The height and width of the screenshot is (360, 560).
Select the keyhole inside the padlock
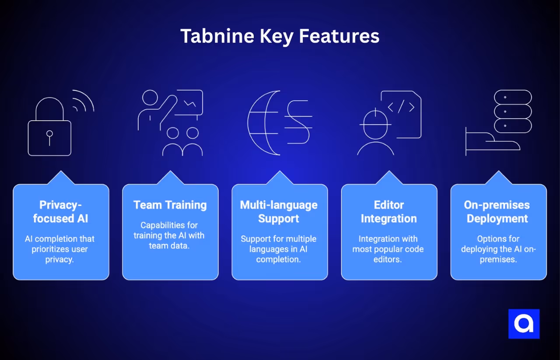click(49, 136)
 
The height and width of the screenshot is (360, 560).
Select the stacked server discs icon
click(513, 112)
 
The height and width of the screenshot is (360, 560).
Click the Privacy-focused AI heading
click(61, 212)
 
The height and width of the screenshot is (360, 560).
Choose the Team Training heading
click(170, 205)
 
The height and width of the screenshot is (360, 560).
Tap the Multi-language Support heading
click(279, 212)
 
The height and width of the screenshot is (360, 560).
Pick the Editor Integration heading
click(389, 212)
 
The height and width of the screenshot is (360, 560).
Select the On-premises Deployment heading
click(498, 212)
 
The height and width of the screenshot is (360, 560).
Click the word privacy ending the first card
click(61, 259)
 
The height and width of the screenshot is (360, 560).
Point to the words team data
click(170, 246)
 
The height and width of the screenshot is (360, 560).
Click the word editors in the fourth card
click(389, 259)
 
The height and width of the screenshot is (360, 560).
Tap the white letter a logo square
click(524, 324)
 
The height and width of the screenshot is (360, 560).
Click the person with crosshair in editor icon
click(375, 131)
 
